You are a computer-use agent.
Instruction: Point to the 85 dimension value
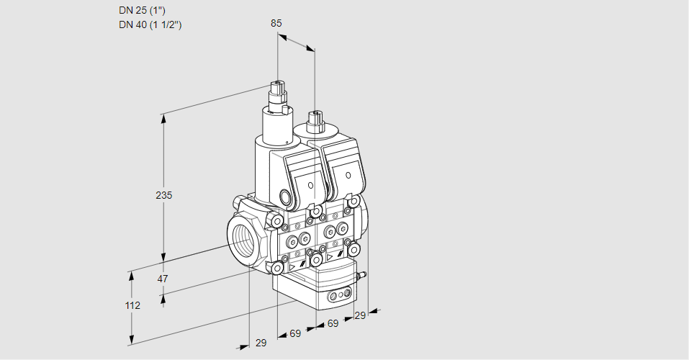pyautogui.click(x=276, y=23)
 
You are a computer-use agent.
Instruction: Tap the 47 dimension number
pyautogui.click(x=163, y=279)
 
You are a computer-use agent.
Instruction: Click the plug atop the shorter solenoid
pyautogui.click(x=315, y=120)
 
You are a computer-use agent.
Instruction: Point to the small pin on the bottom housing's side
pyautogui.click(x=364, y=274)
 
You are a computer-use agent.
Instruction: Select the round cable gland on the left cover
pyautogui.click(x=285, y=197)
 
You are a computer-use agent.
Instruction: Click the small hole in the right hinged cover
pyautogui.click(x=348, y=175)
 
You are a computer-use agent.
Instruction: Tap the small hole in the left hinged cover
pyautogui.click(x=311, y=185)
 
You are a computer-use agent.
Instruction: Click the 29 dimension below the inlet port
pyautogui.click(x=261, y=343)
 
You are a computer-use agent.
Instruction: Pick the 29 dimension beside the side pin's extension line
pyautogui.click(x=360, y=315)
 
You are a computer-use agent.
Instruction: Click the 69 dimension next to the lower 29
pyautogui.click(x=295, y=334)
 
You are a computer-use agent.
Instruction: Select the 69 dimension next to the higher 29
pyautogui.click(x=333, y=324)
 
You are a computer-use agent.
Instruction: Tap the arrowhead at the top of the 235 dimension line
pyautogui.click(x=164, y=117)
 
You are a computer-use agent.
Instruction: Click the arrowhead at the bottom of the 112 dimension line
pyautogui.click(x=132, y=340)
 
